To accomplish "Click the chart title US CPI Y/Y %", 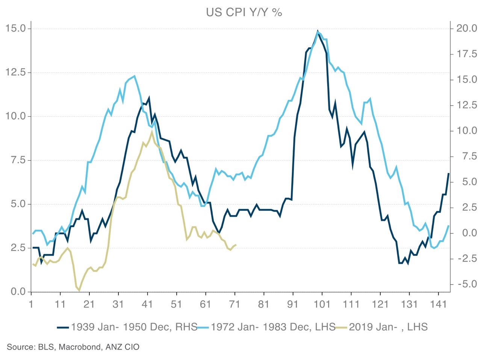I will [244, 12].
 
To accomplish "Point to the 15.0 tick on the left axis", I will [15, 29].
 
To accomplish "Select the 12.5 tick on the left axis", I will [15, 72].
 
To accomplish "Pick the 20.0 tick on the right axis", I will [466, 29].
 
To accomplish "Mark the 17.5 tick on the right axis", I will [466, 54].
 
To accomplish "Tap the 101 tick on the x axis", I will [322, 304].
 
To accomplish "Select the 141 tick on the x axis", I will [438, 304].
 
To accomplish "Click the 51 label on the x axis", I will [176, 304].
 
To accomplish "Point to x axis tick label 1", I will [31, 304].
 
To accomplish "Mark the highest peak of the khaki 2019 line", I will [151, 132].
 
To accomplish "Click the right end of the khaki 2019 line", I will [236, 245].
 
